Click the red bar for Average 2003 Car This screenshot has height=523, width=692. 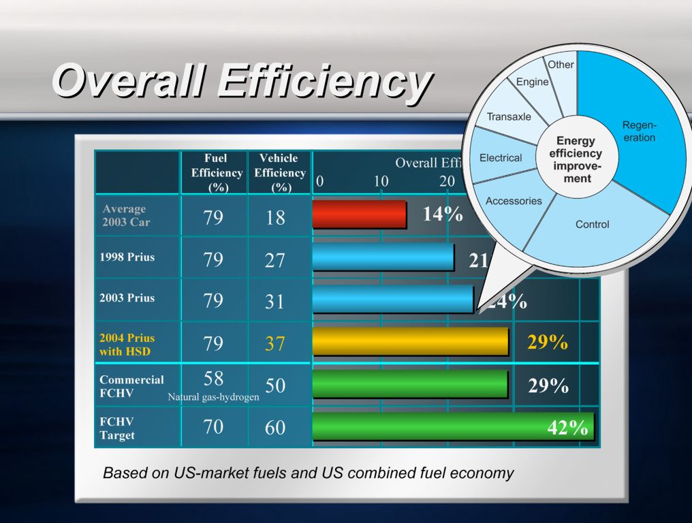[x=359, y=215]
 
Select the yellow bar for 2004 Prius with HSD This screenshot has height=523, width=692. [x=410, y=342]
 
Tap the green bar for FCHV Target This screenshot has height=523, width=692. [x=452, y=427]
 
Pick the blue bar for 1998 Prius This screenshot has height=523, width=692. [x=383, y=257]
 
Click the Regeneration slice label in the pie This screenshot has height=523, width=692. [x=639, y=131]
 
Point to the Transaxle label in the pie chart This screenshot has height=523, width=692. [x=508, y=116]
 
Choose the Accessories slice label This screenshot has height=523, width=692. [x=514, y=201]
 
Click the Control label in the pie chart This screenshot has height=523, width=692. [x=592, y=224]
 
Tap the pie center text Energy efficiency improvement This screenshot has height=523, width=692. [x=576, y=160]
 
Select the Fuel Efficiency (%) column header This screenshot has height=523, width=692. [x=216, y=173]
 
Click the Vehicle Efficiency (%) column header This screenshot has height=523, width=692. [x=279, y=173]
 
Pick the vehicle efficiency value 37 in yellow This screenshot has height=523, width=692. [x=275, y=343]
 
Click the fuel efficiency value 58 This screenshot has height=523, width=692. [x=213, y=379]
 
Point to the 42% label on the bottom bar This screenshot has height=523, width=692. [x=567, y=428]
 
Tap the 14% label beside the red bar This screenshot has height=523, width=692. [x=443, y=215]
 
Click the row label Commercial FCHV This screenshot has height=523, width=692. [x=131, y=386]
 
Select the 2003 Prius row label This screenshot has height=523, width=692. [x=127, y=298]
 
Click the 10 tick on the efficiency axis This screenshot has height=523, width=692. [x=381, y=182]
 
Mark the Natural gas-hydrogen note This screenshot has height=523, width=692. [x=213, y=397]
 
